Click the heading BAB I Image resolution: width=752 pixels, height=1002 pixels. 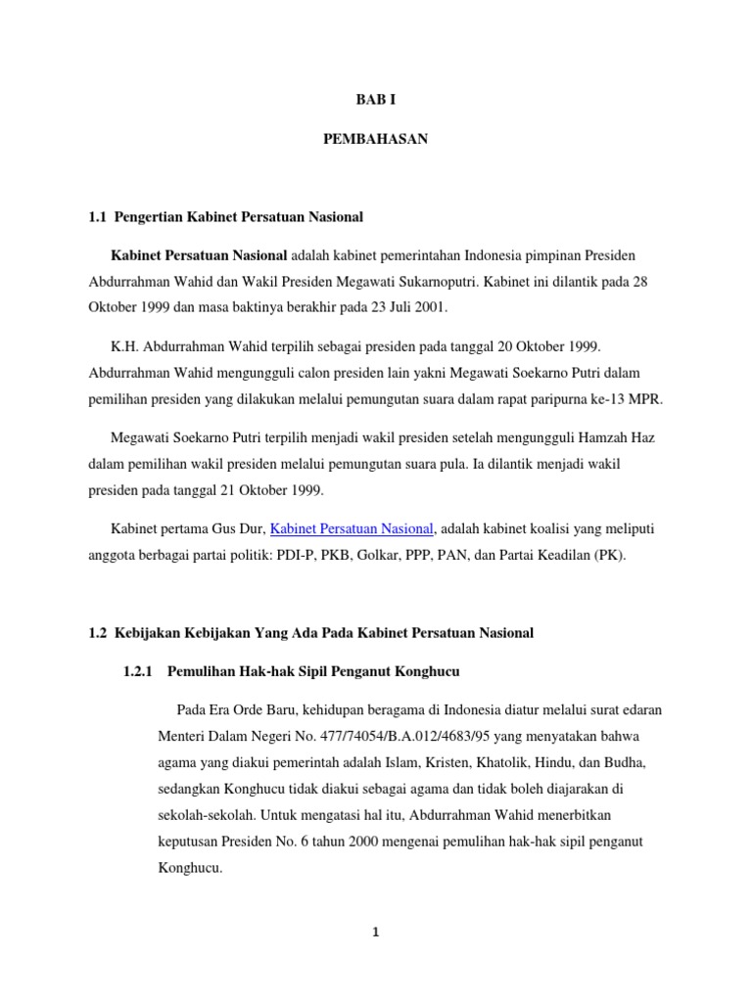point(375,99)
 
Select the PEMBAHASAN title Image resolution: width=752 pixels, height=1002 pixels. point(375,140)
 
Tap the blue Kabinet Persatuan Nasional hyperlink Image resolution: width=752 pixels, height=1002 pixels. point(352,528)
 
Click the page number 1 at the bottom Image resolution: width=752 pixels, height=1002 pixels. point(375,932)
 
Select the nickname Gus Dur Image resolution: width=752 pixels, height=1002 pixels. point(241,529)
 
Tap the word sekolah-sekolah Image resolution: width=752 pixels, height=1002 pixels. point(206,813)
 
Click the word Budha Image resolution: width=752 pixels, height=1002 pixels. point(619,761)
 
